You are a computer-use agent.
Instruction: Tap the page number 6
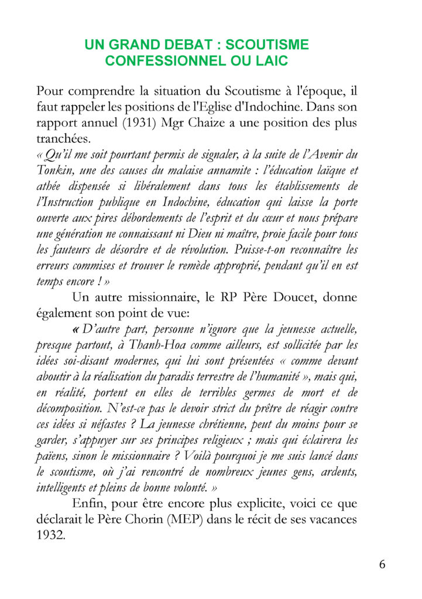point(382,564)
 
